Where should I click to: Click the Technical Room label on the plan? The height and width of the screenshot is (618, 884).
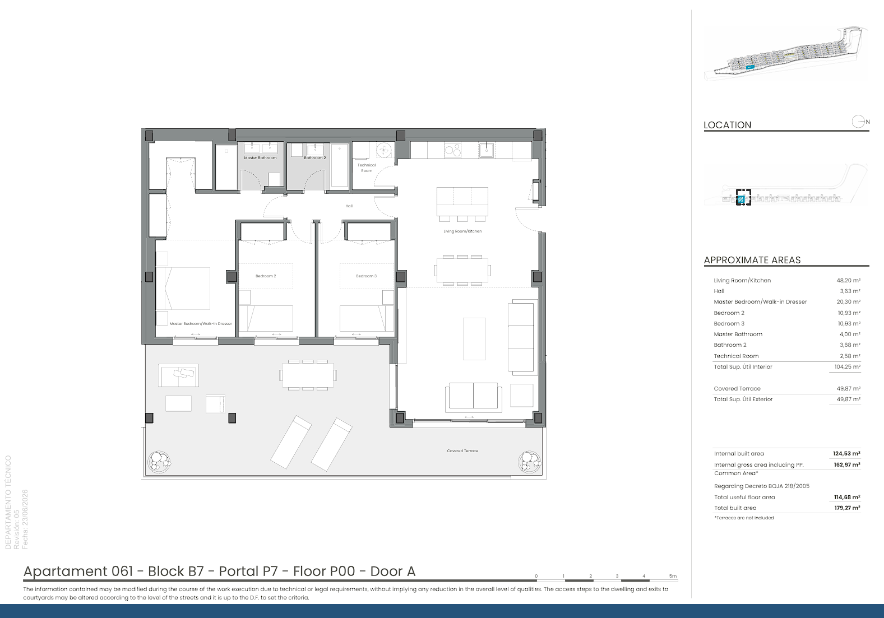[366, 168]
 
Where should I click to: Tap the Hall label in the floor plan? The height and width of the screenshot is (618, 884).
[349, 206]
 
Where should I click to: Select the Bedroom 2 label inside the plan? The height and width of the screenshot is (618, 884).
[266, 276]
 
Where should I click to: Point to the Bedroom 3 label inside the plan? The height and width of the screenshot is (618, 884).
[366, 276]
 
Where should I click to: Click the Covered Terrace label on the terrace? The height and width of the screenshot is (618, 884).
[462, 451]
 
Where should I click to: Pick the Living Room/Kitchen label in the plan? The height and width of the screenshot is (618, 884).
[462, 231]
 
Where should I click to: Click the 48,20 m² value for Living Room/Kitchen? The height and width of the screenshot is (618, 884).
[848, 280]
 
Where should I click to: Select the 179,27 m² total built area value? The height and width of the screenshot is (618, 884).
[847, 508]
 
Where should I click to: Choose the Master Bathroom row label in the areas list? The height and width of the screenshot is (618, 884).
[738, 334]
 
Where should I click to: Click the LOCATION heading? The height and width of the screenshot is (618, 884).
[728, 125]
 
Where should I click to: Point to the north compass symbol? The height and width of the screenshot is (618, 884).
[859, 122]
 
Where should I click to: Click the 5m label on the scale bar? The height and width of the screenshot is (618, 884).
[673, 576]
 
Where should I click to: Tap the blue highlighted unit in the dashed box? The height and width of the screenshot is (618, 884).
[741, 199]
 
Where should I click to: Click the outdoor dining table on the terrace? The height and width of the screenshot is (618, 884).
[308, 375]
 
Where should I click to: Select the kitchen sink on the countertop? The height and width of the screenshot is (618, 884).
[487, 150]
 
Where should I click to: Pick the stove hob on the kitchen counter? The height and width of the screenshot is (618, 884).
[453, 150]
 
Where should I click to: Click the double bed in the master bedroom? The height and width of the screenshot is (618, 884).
[183, 289]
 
